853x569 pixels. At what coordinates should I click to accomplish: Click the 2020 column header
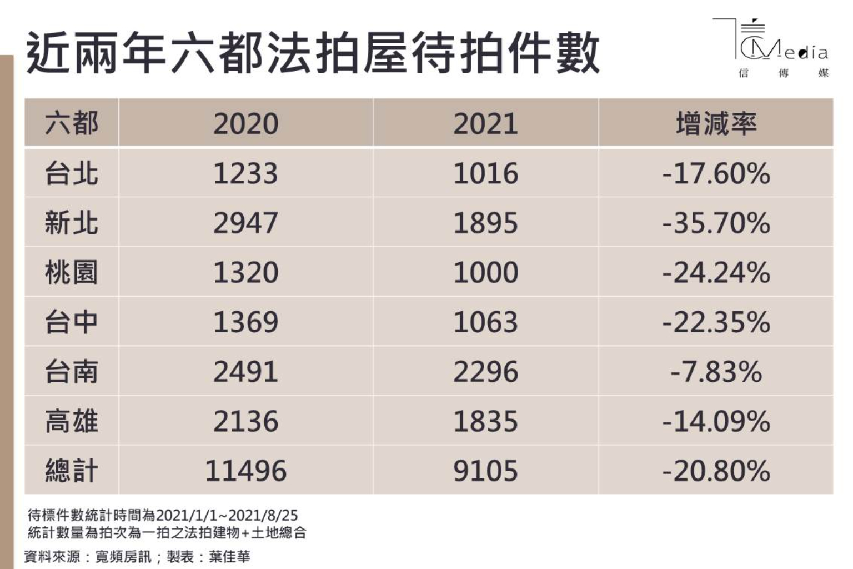pyautogui.click(x=245, y=123)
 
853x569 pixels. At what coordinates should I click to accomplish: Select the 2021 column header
pyautogui.click(x=485, y=123)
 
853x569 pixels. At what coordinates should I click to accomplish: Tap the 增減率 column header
pyautogui.click(x=716, y=123)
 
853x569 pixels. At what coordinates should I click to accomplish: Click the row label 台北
pyautogui.click(x=71, y=173)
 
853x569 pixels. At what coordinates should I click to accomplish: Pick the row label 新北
pyautogui.click(x=71, y=223)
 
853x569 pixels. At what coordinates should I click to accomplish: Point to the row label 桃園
pyautogui.click(x=71, y=272)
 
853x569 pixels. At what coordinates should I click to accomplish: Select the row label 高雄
pyautogui.click(x=71, y=421)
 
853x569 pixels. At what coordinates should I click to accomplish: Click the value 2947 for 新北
pyautogui.click(x=245, y=223)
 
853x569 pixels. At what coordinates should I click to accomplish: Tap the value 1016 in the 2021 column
pyautogui.click(x=485, y=173)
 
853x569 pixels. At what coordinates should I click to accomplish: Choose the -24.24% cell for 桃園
pyautogui.click(x=716, y=272)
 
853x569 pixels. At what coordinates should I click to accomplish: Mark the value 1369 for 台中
pyautogui.click(x=245, y=322)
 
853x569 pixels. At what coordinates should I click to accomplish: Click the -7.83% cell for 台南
pyautogui.click(x=716, y=372)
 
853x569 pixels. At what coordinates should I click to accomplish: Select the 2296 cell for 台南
pyautogui.click(x=485, y=372)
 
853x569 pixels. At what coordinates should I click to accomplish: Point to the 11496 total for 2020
pyautogui.click(x=245, y=471)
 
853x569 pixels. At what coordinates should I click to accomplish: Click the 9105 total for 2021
pyautogui.click(x=485, y=471)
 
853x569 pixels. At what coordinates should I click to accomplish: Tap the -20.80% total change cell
pyautogui.click(x=716, y=471)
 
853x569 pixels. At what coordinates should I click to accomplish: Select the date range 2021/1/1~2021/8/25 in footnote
pyautogui.click(x=227, y=515)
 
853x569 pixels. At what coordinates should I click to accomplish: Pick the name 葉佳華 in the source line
pyautogui.click(x=229, y=556)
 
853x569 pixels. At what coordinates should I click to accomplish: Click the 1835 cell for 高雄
pyautogui.click(x=485, y=421)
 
